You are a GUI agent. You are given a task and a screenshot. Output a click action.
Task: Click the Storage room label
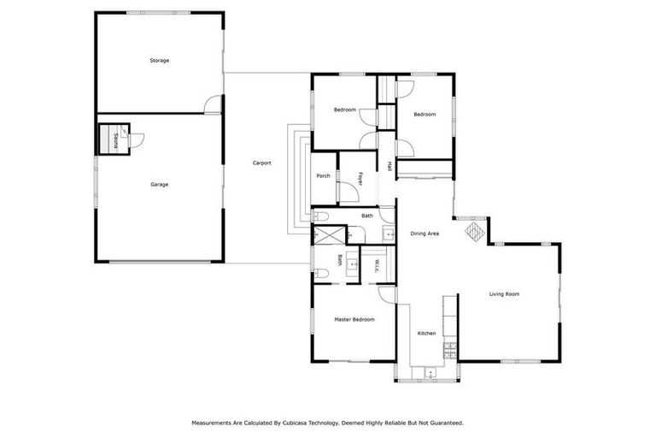(x=159, y=61)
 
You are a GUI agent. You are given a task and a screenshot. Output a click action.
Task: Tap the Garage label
(x=159, y=184)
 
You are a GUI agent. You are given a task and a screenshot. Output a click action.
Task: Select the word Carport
(x=261, y=163)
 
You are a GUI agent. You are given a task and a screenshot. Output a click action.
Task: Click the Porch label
(x=323, y=176)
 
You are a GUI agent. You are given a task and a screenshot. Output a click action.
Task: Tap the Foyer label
(x=360, y=178)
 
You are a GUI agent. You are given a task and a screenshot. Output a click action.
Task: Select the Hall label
(x=389, y=166)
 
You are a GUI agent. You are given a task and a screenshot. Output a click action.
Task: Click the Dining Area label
(x=425, y=233)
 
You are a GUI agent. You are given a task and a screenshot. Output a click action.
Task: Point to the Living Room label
(x=504, y=294)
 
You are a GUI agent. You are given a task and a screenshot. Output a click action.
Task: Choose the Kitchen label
(x=426, y=333)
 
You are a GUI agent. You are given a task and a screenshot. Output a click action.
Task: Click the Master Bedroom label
(x=354, y=319)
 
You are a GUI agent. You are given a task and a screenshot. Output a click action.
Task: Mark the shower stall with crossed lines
(x=330, y=234)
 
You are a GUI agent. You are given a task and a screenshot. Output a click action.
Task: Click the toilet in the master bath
(x=319, y=273)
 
